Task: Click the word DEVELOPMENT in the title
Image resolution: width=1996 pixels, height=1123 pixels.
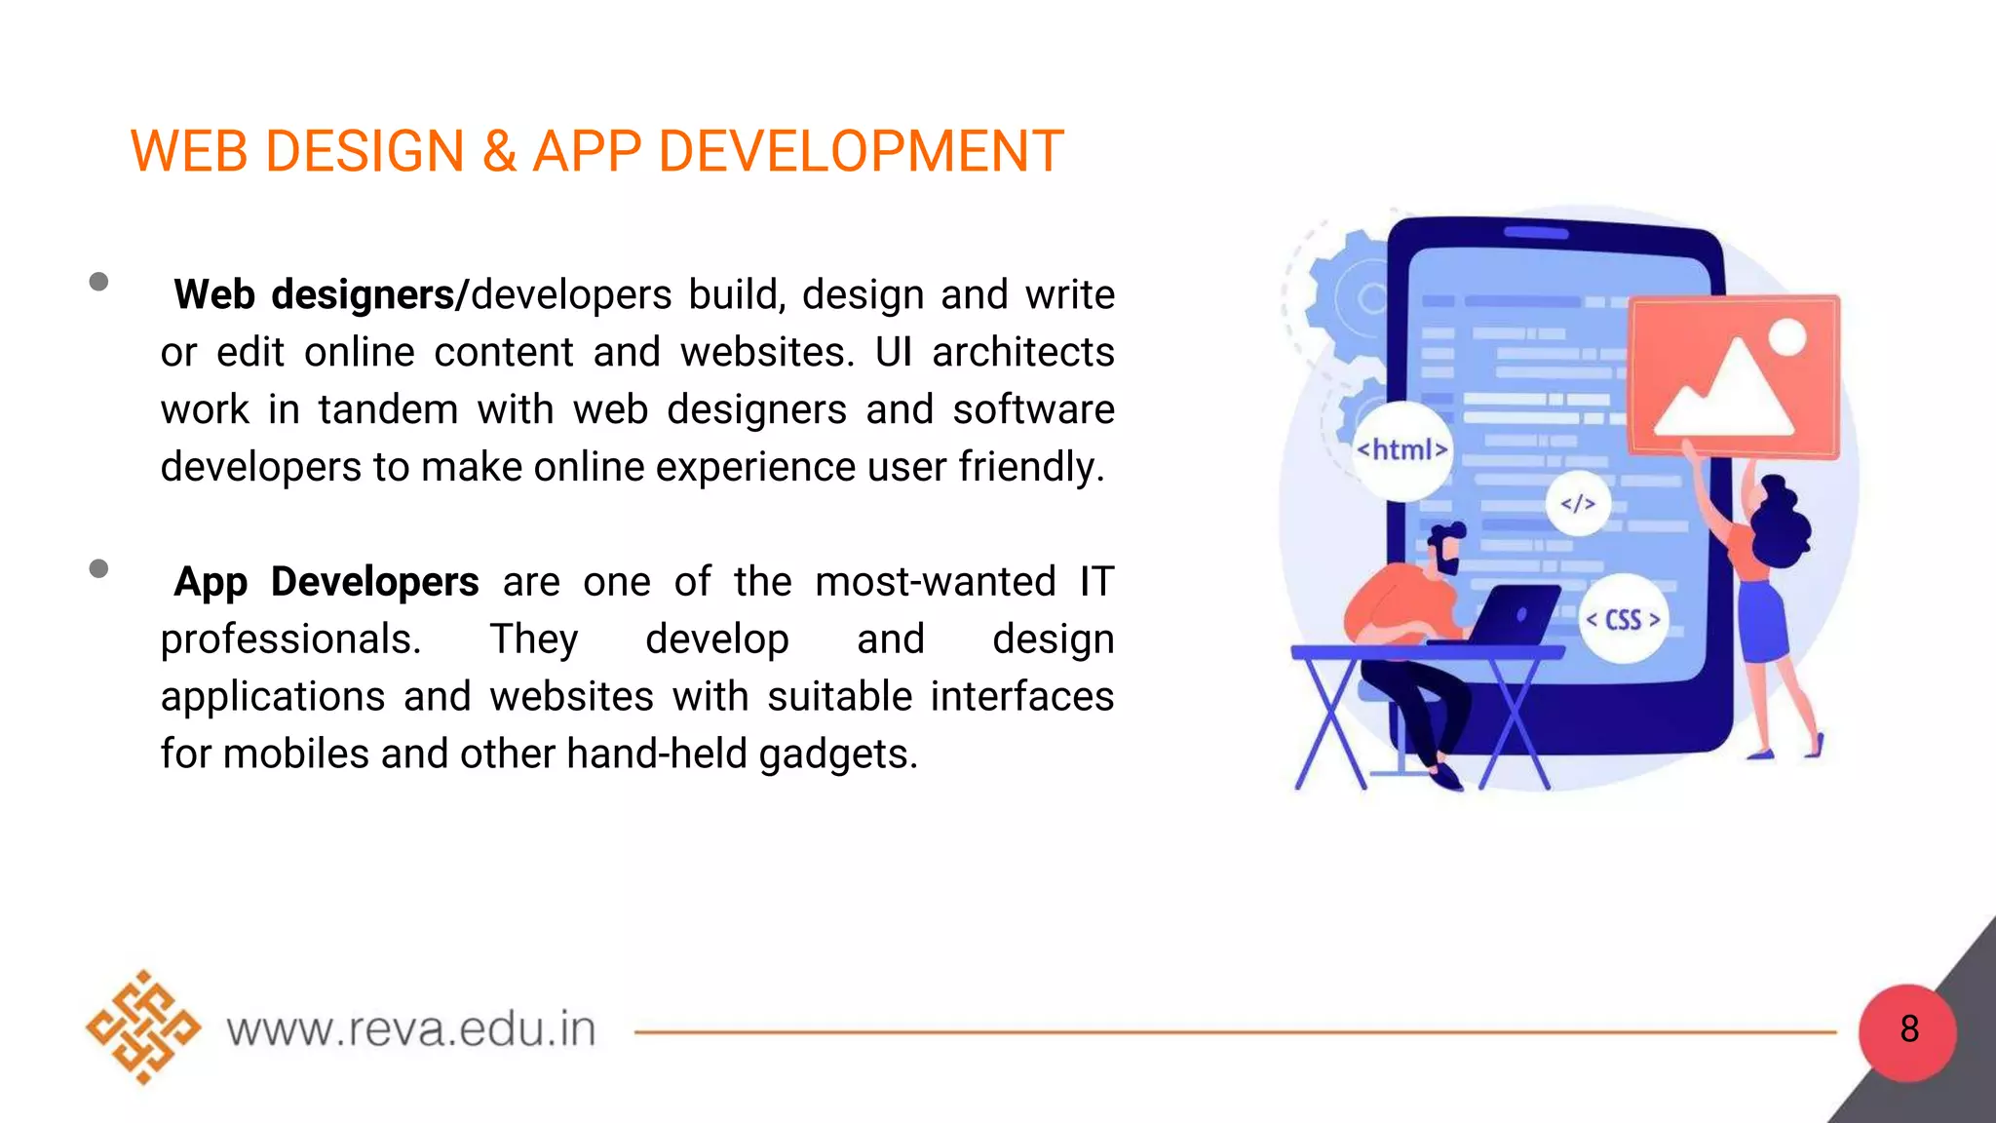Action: click(861, 152)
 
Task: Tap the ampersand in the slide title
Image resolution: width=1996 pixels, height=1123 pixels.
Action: click(498, 152)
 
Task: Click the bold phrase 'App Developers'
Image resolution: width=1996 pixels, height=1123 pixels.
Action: click(326, 582)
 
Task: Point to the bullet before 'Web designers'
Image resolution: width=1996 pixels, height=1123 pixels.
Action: click(98, 282)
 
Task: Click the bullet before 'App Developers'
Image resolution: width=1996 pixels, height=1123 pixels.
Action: click(98, 568)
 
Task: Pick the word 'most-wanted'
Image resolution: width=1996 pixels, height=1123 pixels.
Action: click(935, 582)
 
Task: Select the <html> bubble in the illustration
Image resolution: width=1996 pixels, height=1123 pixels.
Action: click(1401, 449)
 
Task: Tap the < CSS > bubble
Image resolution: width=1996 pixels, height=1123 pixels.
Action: click(1623, 620)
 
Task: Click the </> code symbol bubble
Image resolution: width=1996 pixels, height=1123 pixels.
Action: click(1578, 504)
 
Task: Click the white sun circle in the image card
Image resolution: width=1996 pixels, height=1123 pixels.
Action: click(1786, 337)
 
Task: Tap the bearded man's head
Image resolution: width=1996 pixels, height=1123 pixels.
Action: click(1445, 550)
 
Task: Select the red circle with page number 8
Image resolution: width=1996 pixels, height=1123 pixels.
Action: click(1907, 1029)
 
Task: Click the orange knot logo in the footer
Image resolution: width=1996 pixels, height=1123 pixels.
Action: click(143, 1027)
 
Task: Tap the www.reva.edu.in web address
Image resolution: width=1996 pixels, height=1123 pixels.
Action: click(410, 1029)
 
